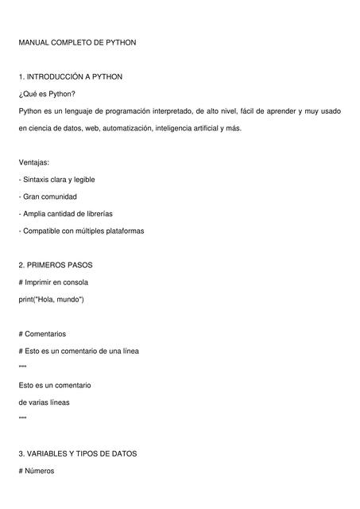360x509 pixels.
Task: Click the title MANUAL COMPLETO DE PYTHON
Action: (78, 41)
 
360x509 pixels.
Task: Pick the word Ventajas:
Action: (34, 162)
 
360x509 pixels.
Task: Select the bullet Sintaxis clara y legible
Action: (56, 180)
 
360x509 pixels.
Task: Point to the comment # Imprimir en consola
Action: (53, 282)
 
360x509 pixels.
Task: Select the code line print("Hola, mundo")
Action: (51, 300)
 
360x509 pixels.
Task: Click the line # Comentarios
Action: (42, 334)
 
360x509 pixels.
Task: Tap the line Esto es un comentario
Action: (54, 385)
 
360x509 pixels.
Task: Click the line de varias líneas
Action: (44, 402)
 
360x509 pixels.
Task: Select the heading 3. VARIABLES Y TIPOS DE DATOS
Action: (78, 453)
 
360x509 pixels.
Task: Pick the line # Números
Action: (37, 471)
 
